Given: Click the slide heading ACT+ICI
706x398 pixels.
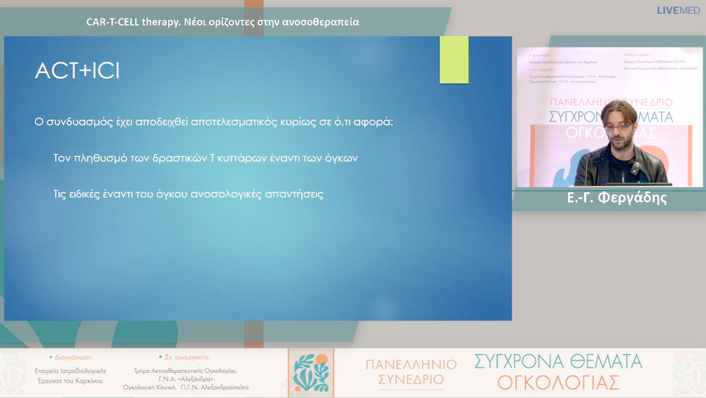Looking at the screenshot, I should point(77,72).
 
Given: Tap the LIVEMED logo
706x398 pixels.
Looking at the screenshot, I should point(678,10).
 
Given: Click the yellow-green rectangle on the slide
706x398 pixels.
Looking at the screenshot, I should point(454,60).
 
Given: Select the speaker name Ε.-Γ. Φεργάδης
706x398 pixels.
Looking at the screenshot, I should point(616,198).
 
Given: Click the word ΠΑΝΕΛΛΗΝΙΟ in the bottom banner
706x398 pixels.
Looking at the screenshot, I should point(411,364).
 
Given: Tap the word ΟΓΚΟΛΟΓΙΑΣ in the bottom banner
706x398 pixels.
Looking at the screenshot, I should point(558,382).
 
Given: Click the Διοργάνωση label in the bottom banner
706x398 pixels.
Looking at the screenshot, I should point(71,357).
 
